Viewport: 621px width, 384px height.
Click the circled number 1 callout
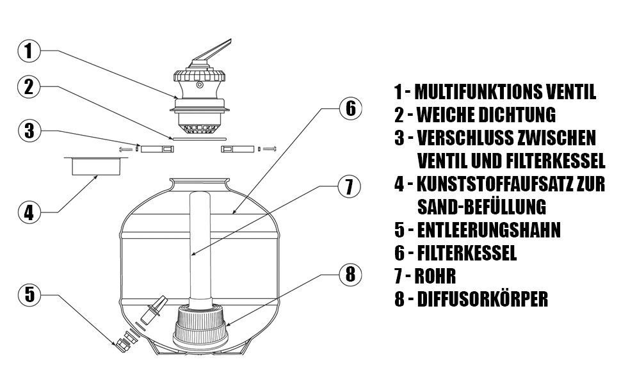(x=29, y=51)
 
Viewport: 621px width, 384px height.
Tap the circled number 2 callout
(x=29, y=87)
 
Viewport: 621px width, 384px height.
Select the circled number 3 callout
(x=29, y=131)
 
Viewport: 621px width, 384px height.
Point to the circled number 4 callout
(x=29, y=212)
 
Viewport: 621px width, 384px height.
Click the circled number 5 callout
(x=29, y=295)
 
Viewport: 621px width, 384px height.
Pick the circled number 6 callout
(x=351, y=108)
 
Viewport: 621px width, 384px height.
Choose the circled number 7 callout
(x=350, y=186)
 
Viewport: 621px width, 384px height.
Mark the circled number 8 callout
(x=351, y=274)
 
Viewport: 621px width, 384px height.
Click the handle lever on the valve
(x=212, y=51)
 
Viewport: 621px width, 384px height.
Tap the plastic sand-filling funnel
(x=96, y=166)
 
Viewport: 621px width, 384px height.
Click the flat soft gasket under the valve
(x=199, y=139)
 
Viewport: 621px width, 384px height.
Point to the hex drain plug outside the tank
(x=123, y=345)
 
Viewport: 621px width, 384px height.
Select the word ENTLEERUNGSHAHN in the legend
(x=488, y=230)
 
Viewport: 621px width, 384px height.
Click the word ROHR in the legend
(x=435, y=276)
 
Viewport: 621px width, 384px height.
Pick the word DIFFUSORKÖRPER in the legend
(x=482, y=299)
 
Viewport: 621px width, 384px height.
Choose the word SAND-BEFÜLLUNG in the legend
(x=481, y=206)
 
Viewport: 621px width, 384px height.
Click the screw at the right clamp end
(x=270, y=149)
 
